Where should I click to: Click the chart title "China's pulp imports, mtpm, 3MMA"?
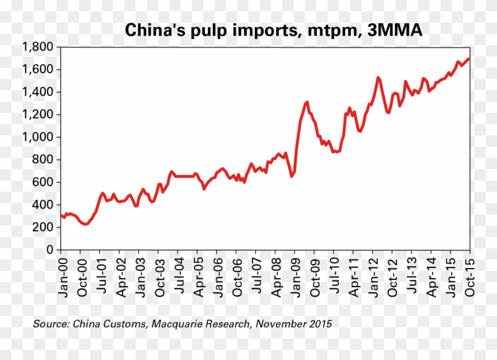273,30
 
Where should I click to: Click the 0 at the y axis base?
50,249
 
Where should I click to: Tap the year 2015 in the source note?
320,324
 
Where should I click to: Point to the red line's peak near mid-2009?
307,102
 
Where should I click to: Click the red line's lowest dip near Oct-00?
85,225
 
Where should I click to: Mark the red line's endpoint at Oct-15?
469,59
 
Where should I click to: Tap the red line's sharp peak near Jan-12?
377,77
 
